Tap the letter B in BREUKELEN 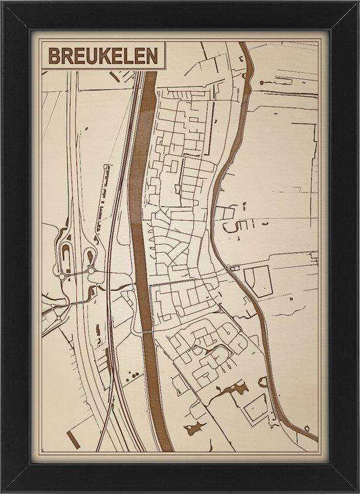(x=50, y=58)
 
